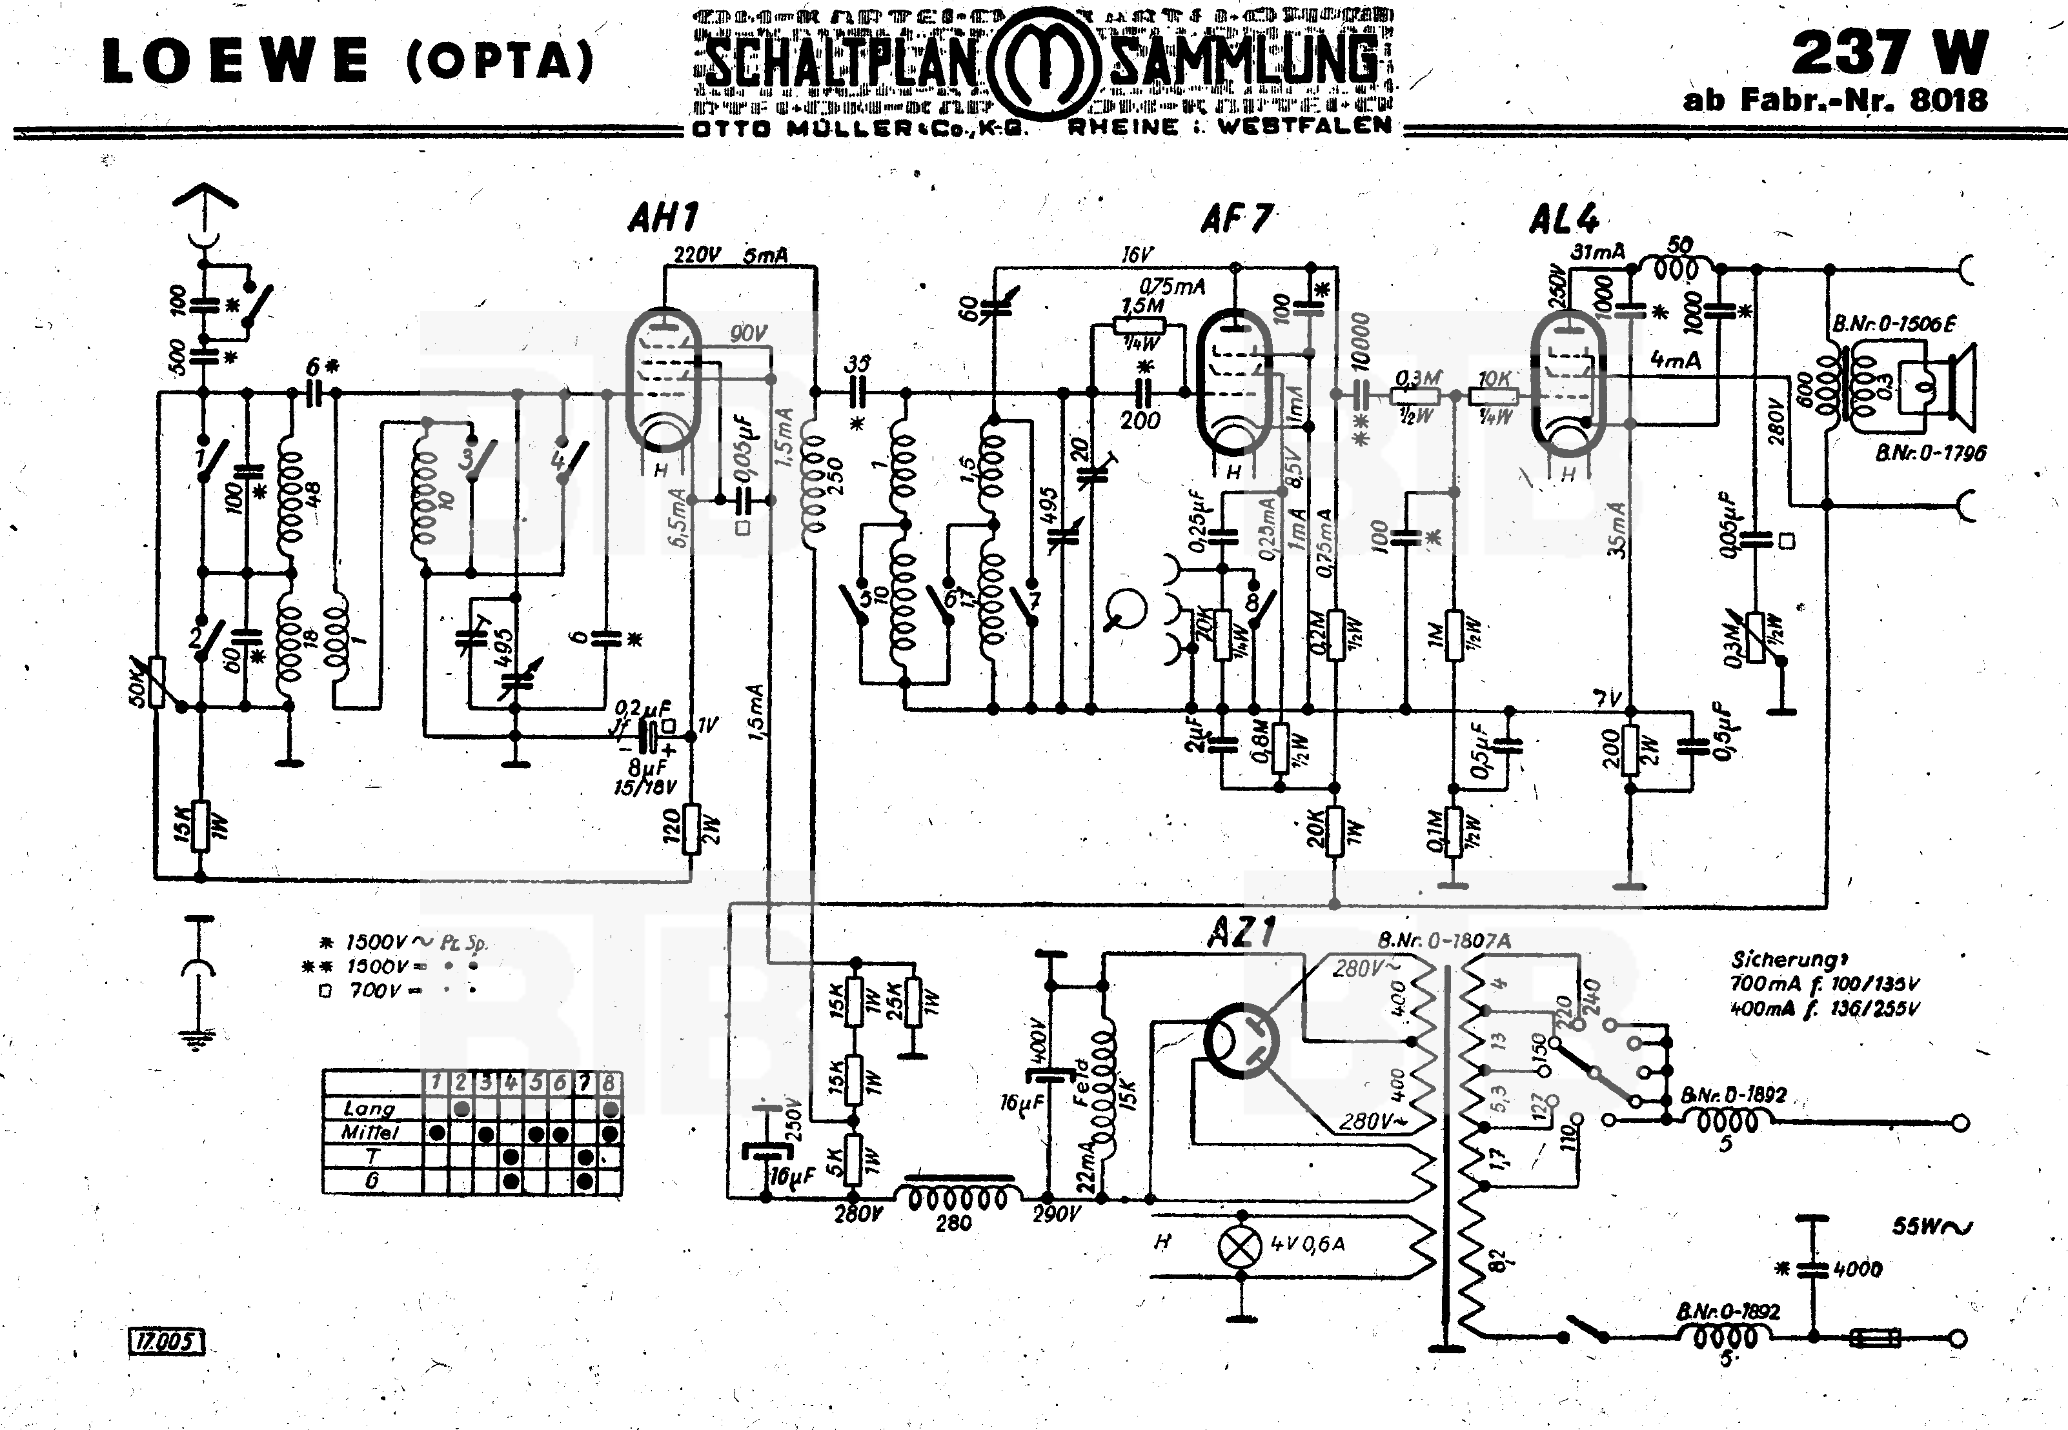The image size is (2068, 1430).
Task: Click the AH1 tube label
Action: tap(663, 217)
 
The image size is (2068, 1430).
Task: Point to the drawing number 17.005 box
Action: tap(168, 1342)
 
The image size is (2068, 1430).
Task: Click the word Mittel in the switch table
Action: tap(369, 1133)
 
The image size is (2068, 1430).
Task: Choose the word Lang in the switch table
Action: tap(369, 1109)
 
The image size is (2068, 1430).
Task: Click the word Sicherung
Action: tap(1779, 960)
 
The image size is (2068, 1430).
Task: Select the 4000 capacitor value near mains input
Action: tap(1858, 1269)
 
